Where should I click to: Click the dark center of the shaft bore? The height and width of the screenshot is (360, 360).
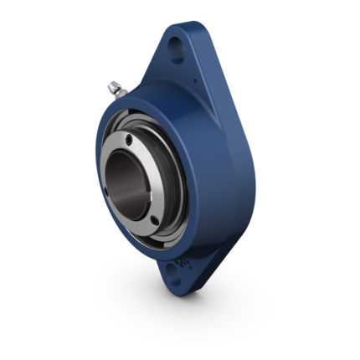[126, 172]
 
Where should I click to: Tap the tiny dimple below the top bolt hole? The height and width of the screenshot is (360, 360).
[193, 81]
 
